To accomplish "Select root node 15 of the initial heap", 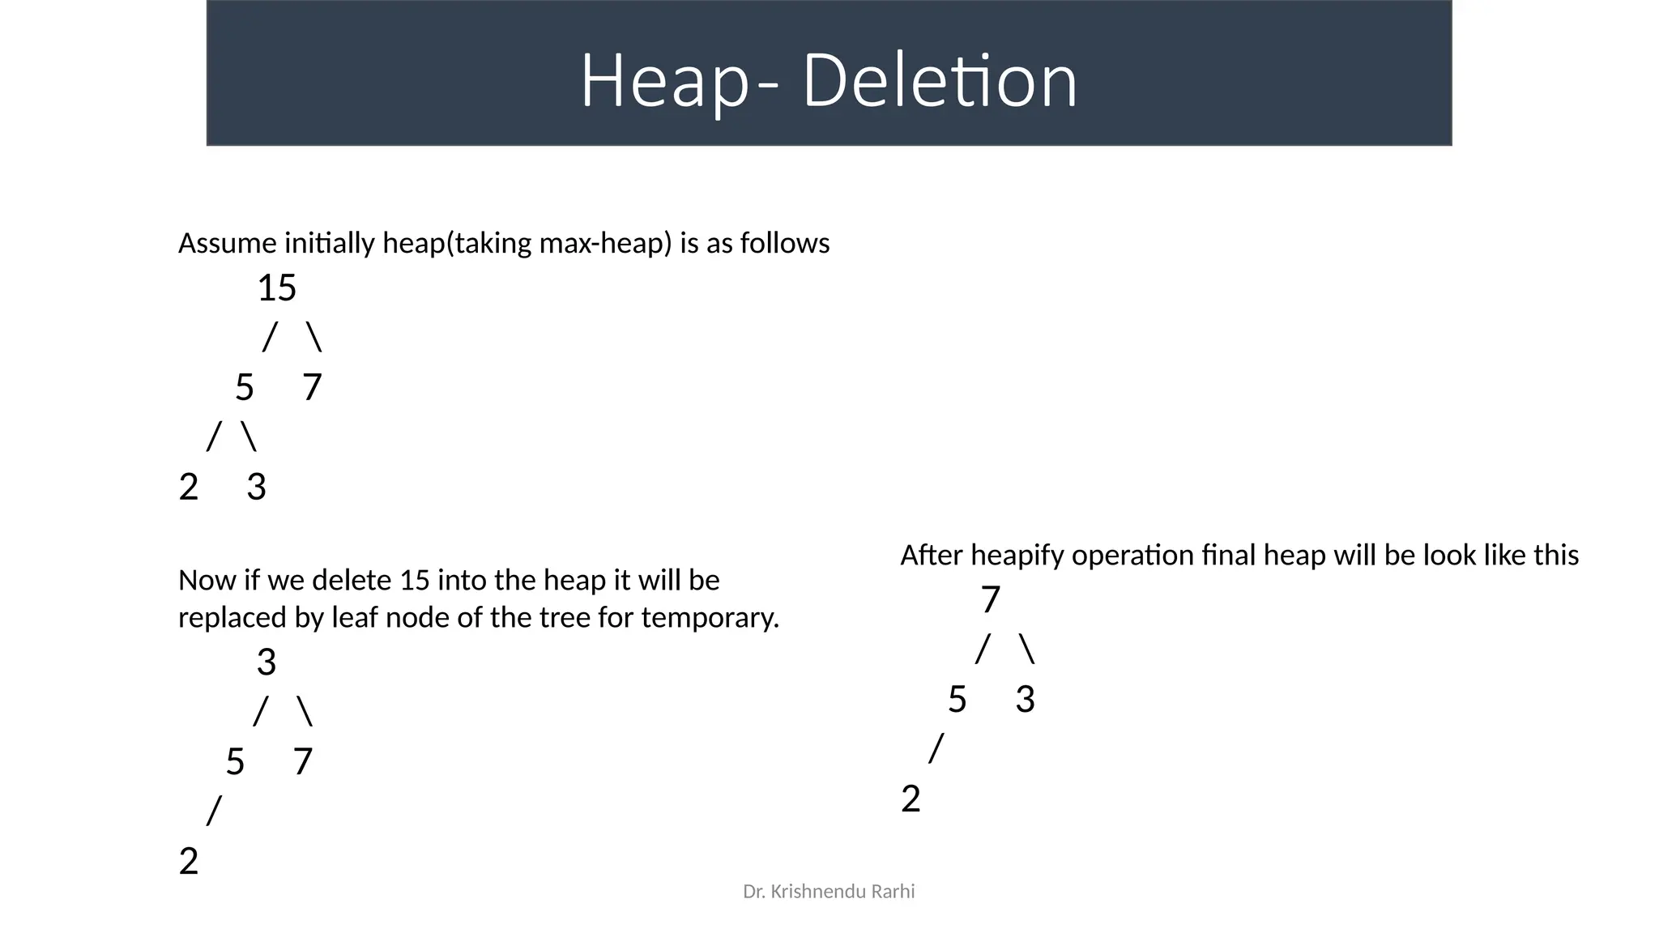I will click(x=277, y=288).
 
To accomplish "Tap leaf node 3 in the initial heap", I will click(x=256, y=488).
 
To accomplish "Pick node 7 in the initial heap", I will click(x=312, y=388).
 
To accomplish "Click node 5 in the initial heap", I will click(x=244, y=388).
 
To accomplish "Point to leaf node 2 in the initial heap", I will click(x=188, y=488).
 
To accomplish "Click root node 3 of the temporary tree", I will click(x=267, y=662).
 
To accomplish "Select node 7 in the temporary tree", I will click(x=302, y=762).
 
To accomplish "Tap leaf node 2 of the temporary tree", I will click(x=188, y=862).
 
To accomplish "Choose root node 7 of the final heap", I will click(x=991, y=600).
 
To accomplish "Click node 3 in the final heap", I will click(x=1025, y=700).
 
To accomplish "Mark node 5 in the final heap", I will click(x=957, y=700).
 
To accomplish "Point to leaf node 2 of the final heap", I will click(x=911, y=799).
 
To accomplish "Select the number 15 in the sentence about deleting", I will click(x=416, y=581).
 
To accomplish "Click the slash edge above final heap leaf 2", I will click(x=936, y=748).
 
